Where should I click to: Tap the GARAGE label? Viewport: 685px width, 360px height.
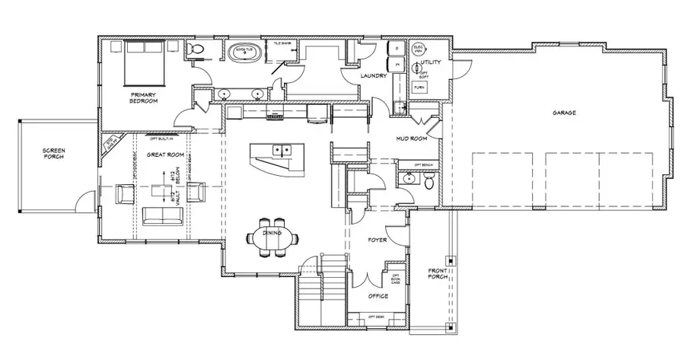564,113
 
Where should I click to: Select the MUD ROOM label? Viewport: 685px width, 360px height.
411,139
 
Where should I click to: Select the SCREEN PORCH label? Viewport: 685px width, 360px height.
56,157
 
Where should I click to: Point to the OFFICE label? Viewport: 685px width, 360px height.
378,295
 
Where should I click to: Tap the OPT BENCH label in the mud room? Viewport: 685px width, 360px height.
423,165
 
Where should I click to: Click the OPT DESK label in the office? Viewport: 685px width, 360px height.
377,316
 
